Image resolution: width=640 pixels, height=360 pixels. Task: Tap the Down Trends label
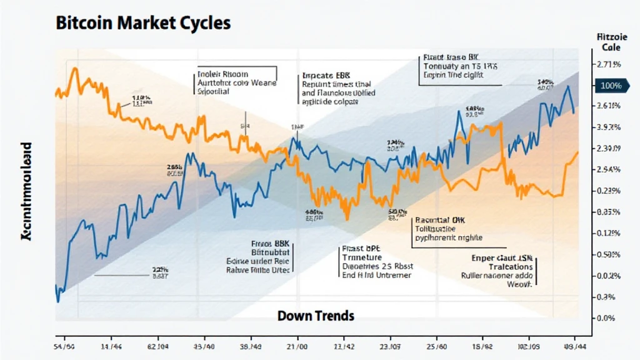click(x=316, y=316)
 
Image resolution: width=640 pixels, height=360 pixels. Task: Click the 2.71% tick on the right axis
click(x=609, y=64)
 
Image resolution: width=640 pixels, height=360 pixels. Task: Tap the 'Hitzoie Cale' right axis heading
click(x=608, y=42)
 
